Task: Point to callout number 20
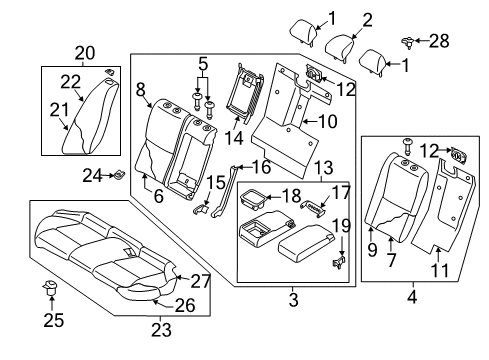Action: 84,51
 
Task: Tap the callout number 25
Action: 45,320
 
